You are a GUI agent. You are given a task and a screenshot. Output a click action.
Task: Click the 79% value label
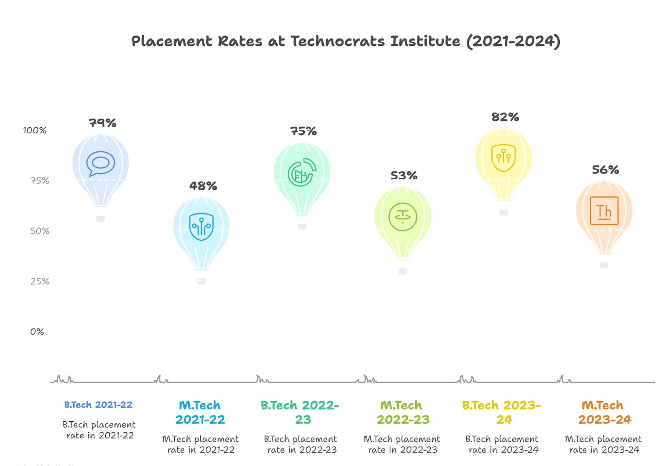click(102, 123)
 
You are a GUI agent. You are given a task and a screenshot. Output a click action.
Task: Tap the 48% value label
click(203, 186)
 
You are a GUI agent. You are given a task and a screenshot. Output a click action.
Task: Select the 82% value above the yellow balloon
click(505, 117)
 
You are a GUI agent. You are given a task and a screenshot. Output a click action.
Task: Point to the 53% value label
click(404, 176)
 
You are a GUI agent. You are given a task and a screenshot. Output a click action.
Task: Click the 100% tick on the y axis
click(35, 130)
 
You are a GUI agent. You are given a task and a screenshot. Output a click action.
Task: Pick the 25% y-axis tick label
click(40, 281)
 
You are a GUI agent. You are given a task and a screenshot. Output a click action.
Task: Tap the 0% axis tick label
click(37, 332)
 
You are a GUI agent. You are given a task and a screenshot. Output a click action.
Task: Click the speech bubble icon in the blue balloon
click(101, 163)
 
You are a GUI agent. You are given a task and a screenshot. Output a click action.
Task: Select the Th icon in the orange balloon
click(604, 211)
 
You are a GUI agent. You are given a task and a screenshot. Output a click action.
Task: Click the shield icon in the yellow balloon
click(503, 158)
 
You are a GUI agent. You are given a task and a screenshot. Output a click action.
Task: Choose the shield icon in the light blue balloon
click(202, 227)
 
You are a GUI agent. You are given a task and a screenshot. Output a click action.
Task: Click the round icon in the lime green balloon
click(403, 216)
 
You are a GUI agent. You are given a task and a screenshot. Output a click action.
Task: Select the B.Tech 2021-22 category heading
click(98, 405)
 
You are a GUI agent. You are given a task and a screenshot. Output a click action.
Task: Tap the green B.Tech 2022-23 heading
click(300, 412)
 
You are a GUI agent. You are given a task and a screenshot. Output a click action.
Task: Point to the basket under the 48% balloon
click(202, 281)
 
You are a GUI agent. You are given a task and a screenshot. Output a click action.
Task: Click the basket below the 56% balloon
click(604, 265)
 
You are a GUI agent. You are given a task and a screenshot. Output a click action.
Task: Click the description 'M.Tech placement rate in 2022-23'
click(402, 444)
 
